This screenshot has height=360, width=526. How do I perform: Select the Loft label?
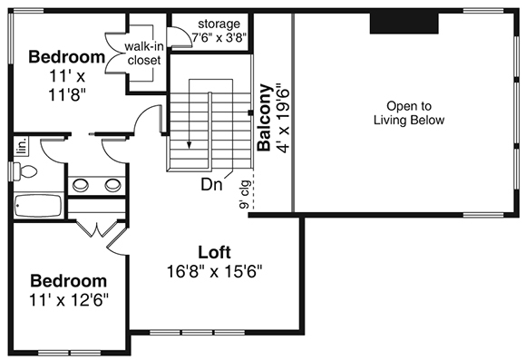click(215, 251)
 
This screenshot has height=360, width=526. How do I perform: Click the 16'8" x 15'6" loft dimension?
click(215, 270)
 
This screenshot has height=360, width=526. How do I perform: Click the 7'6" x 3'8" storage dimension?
click(218, 37)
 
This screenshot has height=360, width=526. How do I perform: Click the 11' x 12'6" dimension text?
click(67, 298)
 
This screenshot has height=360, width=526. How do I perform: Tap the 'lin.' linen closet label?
click(19, 146)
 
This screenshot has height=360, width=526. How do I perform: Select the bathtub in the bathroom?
click(37, 206)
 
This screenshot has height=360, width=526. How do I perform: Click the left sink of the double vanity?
click(82, 185)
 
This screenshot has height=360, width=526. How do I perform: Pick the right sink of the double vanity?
click(112, 185)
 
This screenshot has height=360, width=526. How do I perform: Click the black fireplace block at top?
click(404, 24)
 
